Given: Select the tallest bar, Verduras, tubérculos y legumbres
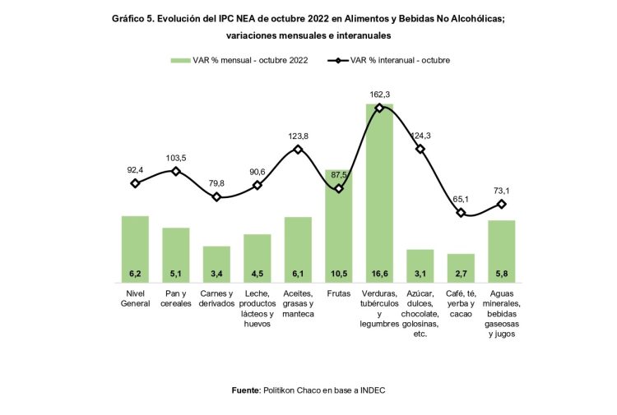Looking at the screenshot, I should coord(379,193).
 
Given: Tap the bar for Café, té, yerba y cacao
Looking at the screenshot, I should coord(461,267).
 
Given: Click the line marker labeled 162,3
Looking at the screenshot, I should coord(379,108).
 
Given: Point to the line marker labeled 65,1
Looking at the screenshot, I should coord(461,213).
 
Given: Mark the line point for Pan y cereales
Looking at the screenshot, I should coord(175,171).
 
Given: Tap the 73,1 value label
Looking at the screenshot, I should coord(502,190).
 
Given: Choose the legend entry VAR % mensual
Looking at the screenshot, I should coord(239,60).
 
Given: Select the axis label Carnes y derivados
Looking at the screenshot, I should coord(216,298).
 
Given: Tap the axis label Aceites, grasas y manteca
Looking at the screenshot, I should coord(298,303).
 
